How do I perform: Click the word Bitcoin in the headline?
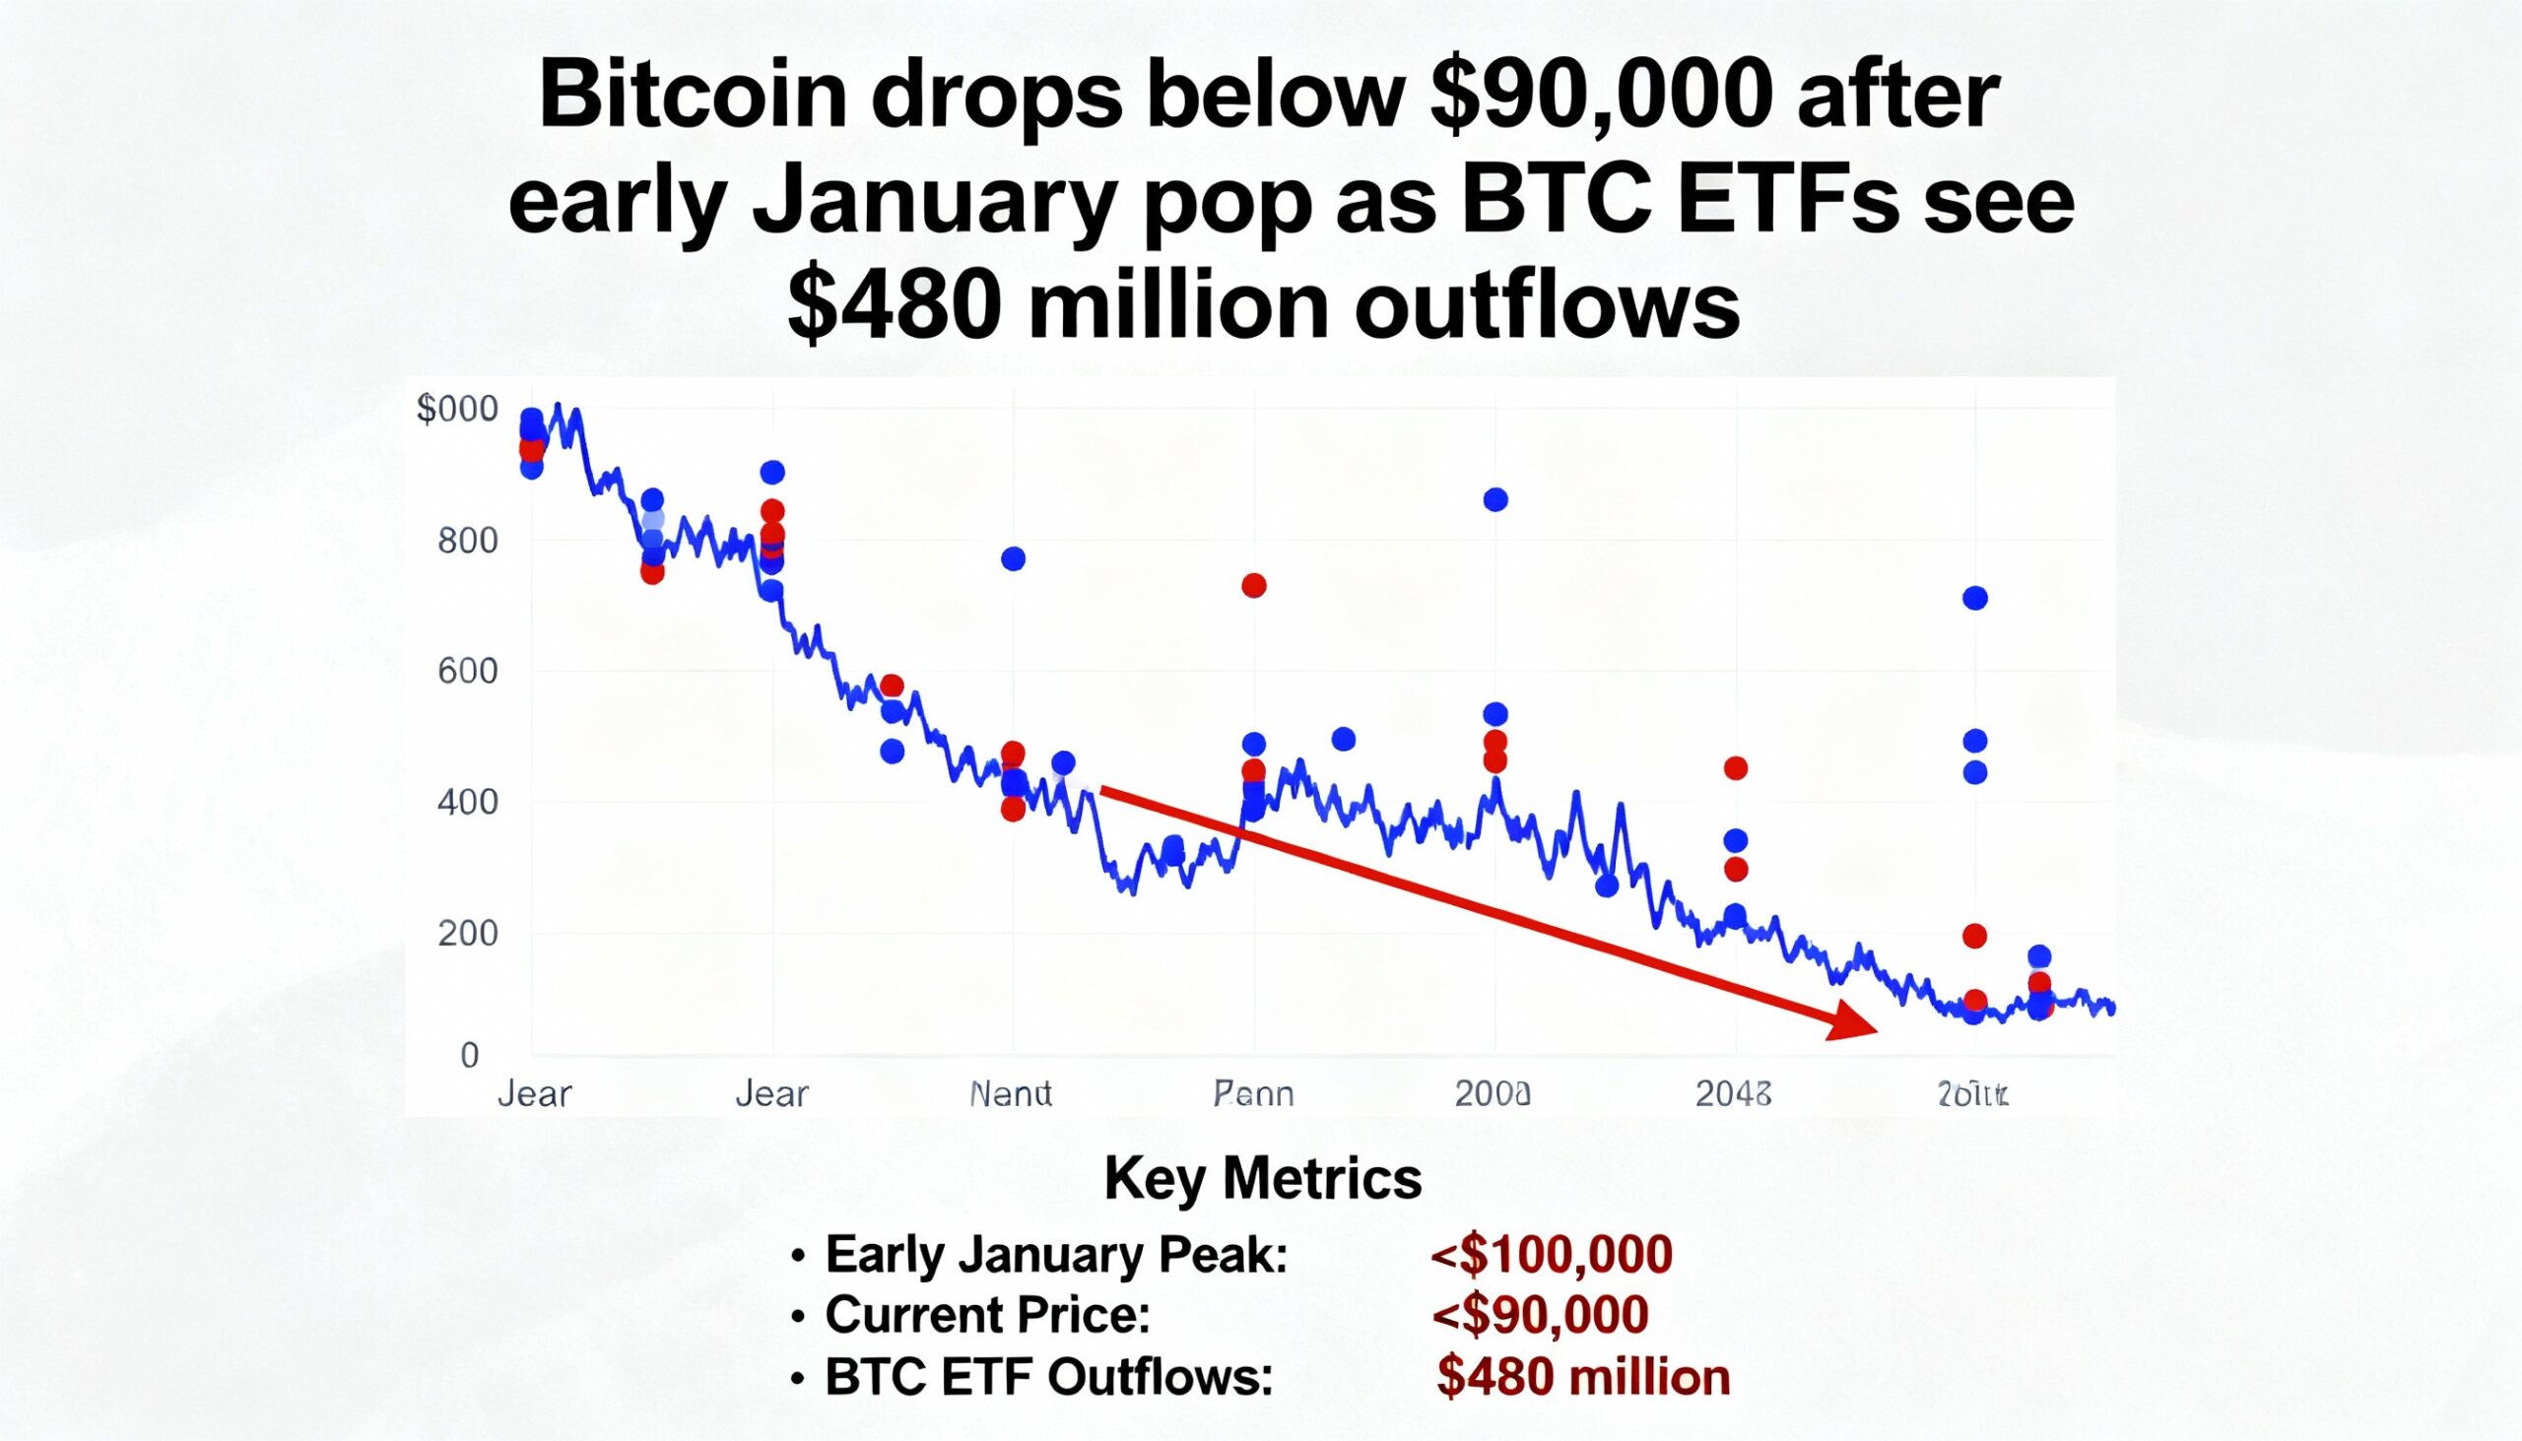pos(692,98)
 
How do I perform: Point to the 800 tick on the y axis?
pos(467,541)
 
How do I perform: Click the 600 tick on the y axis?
pos(467,671)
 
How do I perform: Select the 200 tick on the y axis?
pos(467,933)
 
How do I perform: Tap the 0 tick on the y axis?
pos(470,1055)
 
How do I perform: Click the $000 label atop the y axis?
pos(457,409)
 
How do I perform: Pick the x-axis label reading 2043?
pos(1733,1093)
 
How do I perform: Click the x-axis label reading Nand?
pos(1011,1093)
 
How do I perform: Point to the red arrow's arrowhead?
pos(1853,1022)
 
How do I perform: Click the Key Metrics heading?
pos(1263,1179)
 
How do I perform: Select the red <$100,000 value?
pos(1551,1254)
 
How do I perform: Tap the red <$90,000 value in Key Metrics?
pos(1540,1314)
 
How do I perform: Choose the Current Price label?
pos(987,1314)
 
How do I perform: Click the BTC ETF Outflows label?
pos(1048,1377)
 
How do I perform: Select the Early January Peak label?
pos(1056,1254)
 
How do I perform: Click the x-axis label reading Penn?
pos(1253,1093)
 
